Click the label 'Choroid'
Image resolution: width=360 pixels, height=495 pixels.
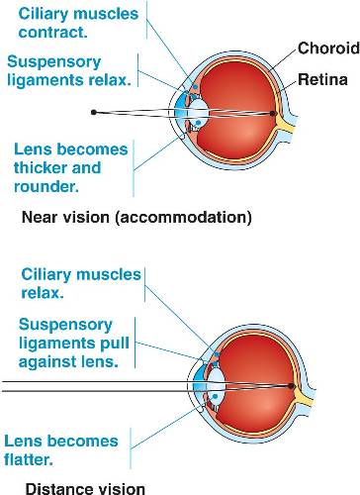[328, 48]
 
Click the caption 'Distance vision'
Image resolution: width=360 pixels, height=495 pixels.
[84, 487]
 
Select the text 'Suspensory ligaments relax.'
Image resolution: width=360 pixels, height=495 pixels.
[65, 69]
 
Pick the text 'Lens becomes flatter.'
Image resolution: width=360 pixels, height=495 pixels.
[59, 450]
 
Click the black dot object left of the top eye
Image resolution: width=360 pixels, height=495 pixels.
[93, 112]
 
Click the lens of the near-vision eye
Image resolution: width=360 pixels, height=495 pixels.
[199, 112]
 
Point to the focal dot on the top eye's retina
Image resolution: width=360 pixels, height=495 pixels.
[274, 113]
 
